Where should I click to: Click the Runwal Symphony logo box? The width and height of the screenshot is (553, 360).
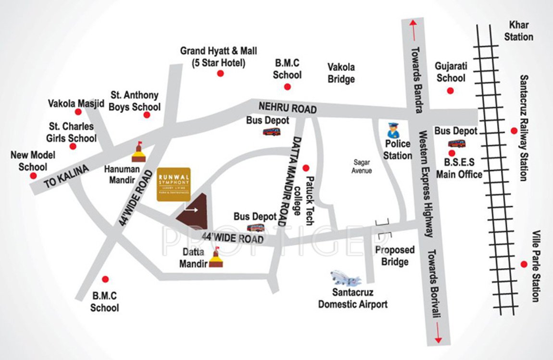(x=174, y=184)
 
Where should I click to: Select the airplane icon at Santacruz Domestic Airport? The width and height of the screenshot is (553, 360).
(x=345, y=278)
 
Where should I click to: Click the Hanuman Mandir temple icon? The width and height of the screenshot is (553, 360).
(x=139, y=153)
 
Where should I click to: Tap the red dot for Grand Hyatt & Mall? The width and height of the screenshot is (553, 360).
(x=220, y=74)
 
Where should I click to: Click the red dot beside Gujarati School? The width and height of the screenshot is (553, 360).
(x=450, y=90)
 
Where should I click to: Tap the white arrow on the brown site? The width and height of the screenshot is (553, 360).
(x=192, y=210)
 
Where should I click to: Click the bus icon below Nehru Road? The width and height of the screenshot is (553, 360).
(x=271, y=131)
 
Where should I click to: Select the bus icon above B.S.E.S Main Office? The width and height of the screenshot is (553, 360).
(x=456, y=143)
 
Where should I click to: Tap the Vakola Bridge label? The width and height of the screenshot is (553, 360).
(x=341, y=73)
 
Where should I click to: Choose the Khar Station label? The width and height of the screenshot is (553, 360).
(x=518, y=31)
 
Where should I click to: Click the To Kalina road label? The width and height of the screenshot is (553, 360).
(x=67, y=177)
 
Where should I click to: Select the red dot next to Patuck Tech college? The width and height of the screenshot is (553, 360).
(x=305, y=168)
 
